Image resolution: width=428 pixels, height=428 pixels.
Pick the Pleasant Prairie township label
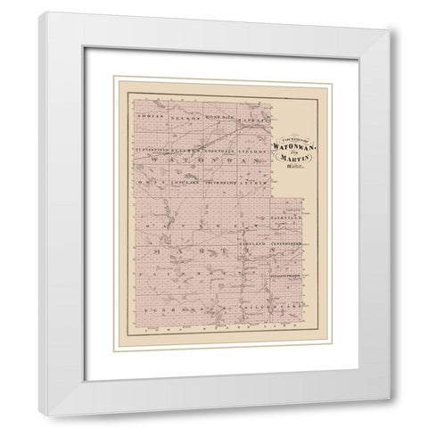click(286, 276)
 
